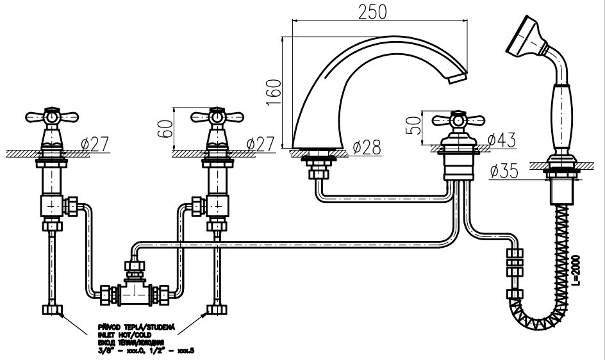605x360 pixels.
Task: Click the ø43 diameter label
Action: point(502,139)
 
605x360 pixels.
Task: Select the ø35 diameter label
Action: point(504,171)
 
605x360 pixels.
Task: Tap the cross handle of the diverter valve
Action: point(458,120)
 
